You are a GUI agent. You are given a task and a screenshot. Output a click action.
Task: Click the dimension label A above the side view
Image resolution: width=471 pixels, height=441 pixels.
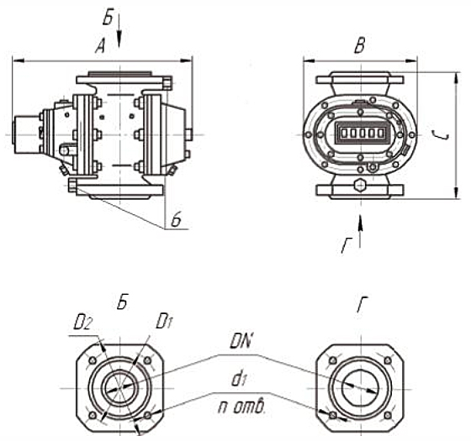coord(101,47)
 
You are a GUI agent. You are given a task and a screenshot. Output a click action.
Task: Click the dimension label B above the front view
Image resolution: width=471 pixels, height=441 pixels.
coord(360,46)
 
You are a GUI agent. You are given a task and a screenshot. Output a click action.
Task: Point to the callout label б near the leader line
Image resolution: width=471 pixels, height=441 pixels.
coord(176,220)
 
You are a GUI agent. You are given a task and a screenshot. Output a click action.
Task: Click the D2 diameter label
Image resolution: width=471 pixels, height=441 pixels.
coord(82,324)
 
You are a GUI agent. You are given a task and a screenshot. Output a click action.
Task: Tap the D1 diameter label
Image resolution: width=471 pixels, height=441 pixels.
coord(164,321)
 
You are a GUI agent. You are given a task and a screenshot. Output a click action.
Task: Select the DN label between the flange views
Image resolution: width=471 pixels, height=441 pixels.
coord(241,342)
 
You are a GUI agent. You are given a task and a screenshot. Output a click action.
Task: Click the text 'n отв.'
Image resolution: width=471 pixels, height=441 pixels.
coord(241,407)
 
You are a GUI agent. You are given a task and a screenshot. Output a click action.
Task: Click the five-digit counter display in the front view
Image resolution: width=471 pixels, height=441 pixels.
coord(361,133)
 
